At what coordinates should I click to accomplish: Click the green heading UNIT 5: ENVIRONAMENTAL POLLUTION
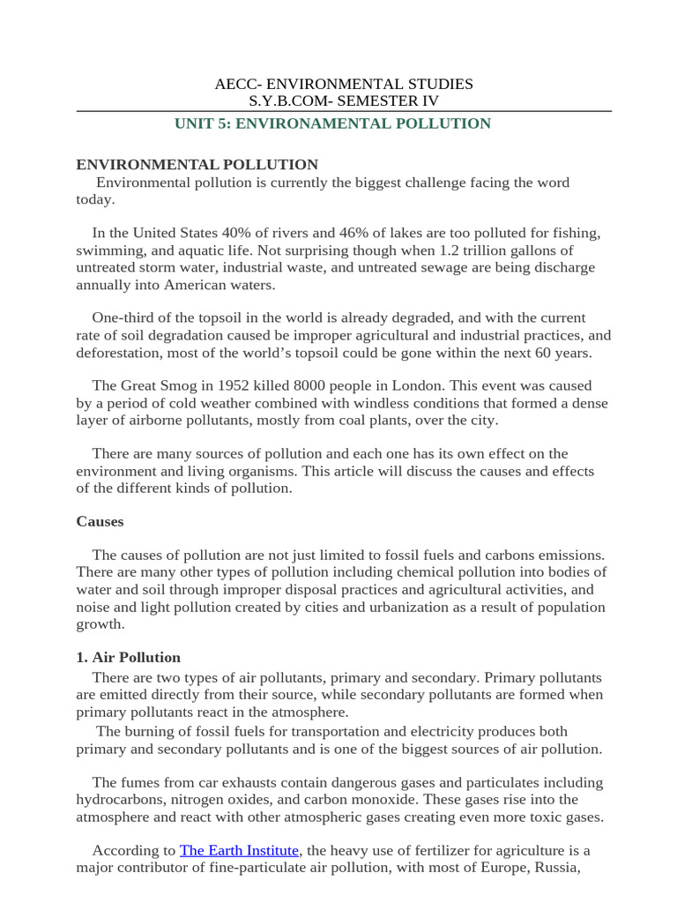click(332, 123)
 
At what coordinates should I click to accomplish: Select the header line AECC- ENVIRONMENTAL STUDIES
click(344, 84)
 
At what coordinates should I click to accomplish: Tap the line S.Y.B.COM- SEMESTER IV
click(344, 101)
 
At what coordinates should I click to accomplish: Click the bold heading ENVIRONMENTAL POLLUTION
click(197, 165)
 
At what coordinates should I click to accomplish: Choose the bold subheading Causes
click(100, 521)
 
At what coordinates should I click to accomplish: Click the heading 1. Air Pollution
click(129, 657)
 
